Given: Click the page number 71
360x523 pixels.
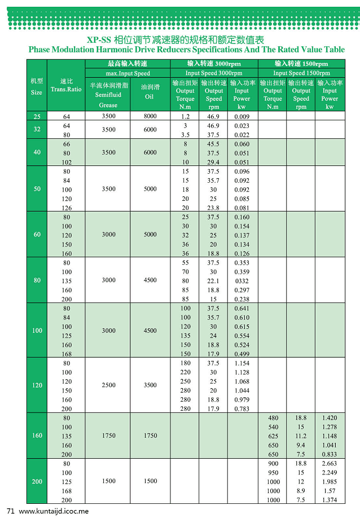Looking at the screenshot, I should point(10,511).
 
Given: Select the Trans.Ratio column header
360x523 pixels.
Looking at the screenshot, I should point(66,89).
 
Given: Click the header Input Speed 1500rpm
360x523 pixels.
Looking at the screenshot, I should point(301,73).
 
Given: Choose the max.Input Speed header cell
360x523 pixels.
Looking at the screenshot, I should point(128,73).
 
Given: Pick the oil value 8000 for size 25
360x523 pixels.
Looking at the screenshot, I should point(150,116).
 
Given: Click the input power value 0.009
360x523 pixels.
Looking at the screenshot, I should point(242,116).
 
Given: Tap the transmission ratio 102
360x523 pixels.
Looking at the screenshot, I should point(67,162).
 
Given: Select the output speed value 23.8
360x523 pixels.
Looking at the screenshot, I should point(213,208).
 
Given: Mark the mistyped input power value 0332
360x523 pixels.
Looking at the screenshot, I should point(242,281).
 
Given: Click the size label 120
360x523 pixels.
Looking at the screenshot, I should point(37,386).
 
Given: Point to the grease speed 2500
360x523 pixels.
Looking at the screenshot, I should point(108,386).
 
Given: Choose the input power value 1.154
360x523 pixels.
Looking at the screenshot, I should point(242,363).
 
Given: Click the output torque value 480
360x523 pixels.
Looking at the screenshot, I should point(273,418).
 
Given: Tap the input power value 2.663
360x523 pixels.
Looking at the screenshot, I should point(330,463).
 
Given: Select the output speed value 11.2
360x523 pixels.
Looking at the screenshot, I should point(301,436).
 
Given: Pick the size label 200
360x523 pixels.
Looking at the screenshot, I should point(37,482).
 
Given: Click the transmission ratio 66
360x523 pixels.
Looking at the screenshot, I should point(67,144).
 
